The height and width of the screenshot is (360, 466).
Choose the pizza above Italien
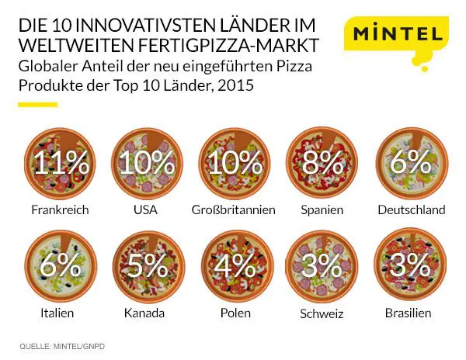pos(61,266)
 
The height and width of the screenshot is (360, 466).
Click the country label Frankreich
pos(61,209)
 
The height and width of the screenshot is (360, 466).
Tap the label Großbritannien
pos(233,209)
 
